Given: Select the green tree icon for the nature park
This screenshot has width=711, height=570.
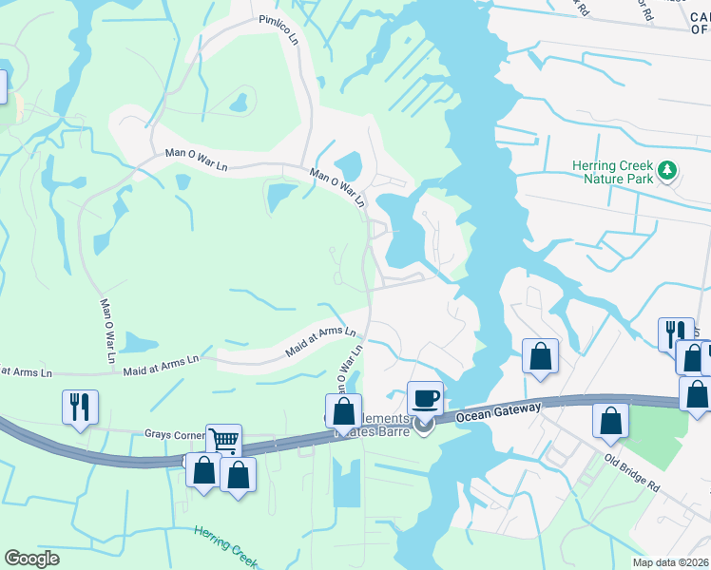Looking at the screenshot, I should (x=668, y=170).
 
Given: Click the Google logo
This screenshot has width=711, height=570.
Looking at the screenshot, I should (x=32, y=559).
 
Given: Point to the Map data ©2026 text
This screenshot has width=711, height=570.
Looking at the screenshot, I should (x=670, y=562).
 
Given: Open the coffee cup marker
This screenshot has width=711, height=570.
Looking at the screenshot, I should (x=425, y=398).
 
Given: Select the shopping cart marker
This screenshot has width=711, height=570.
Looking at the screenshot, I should (x=223, y=440).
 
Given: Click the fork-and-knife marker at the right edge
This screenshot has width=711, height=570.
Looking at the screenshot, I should (x=675, y=334).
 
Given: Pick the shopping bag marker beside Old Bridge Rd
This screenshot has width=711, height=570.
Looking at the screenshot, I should (x=610, y=421).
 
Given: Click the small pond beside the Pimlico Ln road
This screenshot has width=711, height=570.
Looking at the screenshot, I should (x=238, y=100).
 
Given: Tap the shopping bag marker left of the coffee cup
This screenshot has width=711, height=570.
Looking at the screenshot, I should (x=343, y=410).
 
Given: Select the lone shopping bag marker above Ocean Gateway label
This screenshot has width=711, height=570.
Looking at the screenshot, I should (x=540, y=356).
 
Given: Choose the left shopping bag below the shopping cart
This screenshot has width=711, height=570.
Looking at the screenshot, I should (x=203, y=470).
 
